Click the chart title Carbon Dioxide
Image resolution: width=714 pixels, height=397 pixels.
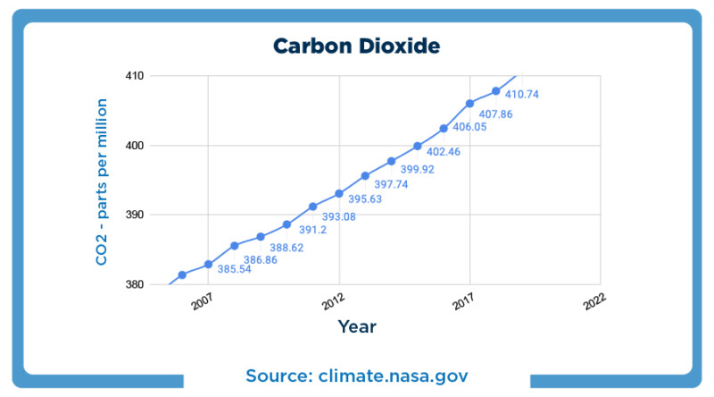[356, 46]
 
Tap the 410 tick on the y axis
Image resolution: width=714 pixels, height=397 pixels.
[134, 76]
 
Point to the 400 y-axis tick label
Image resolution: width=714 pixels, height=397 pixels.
[134, 146]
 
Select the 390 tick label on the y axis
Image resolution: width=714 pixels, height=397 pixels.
[134, 215]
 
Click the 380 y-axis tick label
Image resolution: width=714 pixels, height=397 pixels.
[134, 285]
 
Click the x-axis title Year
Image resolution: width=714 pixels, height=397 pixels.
[357, 326]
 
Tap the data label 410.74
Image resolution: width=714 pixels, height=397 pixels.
[522, 94]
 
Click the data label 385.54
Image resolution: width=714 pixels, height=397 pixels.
[234, 268]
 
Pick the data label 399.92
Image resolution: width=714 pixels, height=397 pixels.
[417, 169]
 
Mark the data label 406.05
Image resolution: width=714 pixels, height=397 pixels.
[469, 127]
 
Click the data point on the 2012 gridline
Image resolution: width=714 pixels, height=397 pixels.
[339, 193]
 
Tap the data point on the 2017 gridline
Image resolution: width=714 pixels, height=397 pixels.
[469, 104]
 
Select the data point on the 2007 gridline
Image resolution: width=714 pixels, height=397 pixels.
[208, 264]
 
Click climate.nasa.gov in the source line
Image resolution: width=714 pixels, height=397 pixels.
[394, 375]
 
